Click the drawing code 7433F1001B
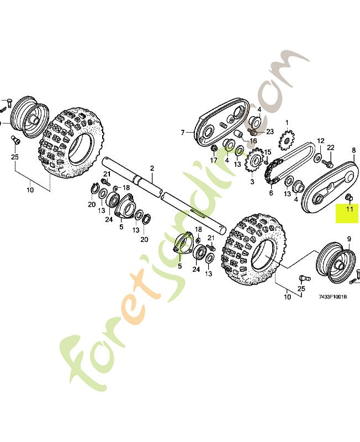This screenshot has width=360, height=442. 332,297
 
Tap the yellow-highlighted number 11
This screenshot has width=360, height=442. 349,208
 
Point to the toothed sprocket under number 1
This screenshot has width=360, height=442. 287,140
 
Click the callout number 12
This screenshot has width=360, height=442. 321,141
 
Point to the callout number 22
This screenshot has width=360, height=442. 331,147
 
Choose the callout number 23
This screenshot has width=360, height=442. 269,131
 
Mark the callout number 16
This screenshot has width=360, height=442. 253,141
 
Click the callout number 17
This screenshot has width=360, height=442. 214,161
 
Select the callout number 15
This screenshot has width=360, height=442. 267,152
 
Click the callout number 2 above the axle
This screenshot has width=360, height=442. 152,168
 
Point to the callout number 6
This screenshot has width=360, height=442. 271,193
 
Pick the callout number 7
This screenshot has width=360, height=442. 182,133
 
